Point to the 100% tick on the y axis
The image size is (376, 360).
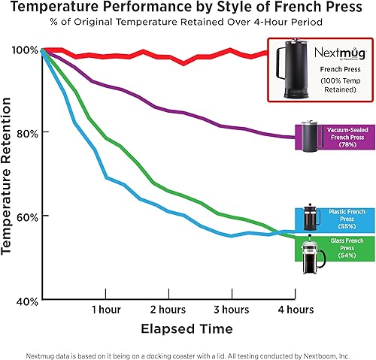point(24,50)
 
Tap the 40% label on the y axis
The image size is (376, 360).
point(26,300)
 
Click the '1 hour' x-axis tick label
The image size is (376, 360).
point(106,310)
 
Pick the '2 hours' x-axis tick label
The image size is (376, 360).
point(168,310)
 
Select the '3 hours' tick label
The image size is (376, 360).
point(231,310)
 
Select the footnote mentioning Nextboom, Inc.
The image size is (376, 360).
point(188,350)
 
